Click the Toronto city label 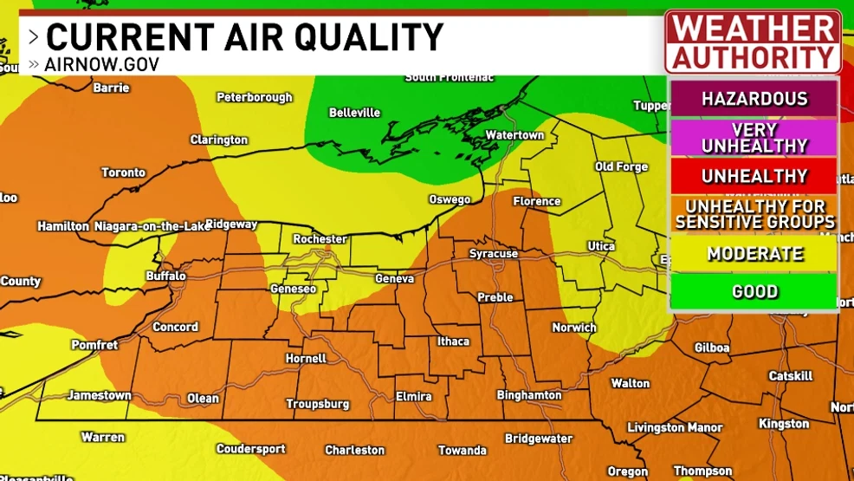click(x=123, y=172)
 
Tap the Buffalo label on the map click(x=165, y=276)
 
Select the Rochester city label click(x=320, y=239)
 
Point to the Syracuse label click(x=493, y=254)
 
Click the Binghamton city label click(x=528, y=395)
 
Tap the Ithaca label click(x=453, y=341)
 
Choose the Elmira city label click(x=413, y=397)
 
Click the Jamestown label click(x=100, y=395)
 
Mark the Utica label click(x=601, y=247)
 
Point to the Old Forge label click(x=621, y=166)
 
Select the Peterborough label click(x=254, y=97)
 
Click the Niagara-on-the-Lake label click(x=152, y=226)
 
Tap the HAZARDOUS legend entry click(x=754, y=99)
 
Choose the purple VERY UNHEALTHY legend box click(x=754, y=138)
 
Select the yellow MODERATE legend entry click(x=754, y=254)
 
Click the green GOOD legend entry click(x=754, y=292)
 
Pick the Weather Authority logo click(x=753, y=42)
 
